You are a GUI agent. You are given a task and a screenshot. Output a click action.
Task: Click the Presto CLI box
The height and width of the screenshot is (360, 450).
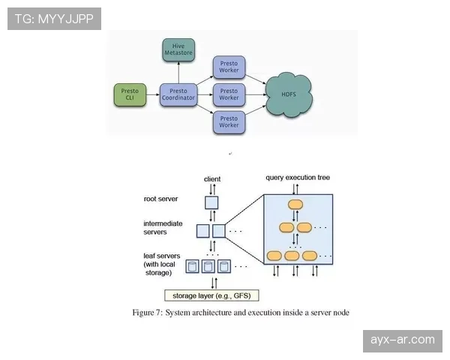coord(129,94)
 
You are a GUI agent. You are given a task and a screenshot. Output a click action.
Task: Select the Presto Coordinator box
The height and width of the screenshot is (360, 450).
coord(178,94)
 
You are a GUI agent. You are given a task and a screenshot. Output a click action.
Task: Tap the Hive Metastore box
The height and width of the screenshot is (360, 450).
coord(178,49)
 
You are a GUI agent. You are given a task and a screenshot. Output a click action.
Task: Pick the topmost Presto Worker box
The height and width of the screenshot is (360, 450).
coord(229,67)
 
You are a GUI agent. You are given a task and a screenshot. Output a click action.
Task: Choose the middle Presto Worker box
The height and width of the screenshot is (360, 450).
coord(229,94)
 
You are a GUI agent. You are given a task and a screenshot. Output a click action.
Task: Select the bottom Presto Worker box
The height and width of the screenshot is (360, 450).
coord(229,121)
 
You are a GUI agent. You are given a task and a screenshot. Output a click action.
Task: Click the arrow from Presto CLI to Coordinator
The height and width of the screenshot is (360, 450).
coord(152,94)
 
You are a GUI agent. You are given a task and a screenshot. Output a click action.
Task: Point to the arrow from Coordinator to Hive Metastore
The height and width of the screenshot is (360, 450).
coord(178,73)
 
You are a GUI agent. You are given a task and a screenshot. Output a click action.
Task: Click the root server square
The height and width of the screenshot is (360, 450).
coord(211,202)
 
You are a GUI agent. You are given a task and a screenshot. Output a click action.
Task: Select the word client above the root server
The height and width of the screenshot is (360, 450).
coord(212,179)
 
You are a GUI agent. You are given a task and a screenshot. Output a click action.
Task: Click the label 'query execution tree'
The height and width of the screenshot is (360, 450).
coord(298,178)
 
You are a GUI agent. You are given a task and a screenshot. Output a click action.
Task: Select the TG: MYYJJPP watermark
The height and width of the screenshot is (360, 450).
coord(54,19)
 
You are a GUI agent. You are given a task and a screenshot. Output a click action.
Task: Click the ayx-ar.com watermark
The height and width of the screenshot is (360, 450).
coord(402,340)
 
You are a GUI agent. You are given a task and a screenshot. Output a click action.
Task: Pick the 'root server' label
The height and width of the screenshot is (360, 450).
coord(160,199)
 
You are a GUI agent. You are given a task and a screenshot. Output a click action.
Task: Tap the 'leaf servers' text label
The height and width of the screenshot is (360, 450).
coord(163,256)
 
